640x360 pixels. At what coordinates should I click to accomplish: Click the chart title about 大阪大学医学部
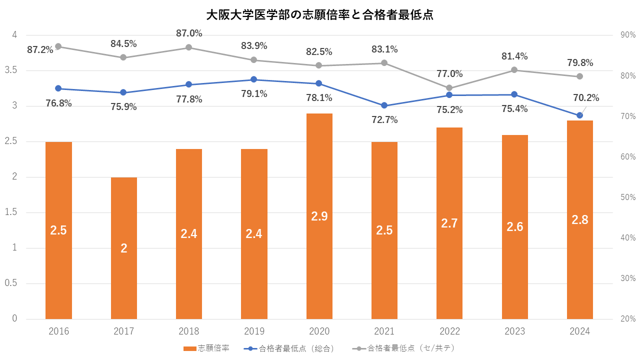pos(320,14)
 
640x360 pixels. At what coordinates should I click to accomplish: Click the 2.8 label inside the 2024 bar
pos(579,219)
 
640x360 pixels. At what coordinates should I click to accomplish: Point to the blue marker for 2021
pos(384,105)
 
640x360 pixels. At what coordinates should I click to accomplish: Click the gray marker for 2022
pos(449,88)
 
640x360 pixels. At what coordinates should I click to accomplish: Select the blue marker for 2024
pos(579,115)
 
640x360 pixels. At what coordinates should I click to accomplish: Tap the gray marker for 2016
pos(58,46)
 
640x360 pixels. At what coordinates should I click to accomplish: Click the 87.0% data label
pos(189,33)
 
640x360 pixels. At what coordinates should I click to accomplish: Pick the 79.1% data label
pos(254,93)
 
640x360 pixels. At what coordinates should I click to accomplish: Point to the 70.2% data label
pos(586,97)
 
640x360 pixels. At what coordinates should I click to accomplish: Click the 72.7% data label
pos(384,119)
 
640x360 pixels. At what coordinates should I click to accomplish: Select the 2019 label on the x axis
pos(254,331)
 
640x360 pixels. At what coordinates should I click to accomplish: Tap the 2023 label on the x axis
pos(514,331)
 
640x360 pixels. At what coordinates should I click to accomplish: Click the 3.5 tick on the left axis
pos(10,70)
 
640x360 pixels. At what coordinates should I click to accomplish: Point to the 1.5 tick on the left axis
pos(10,212)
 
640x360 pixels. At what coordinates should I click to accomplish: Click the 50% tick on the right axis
pos(627,197)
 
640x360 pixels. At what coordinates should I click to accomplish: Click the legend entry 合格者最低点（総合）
pos(288,348)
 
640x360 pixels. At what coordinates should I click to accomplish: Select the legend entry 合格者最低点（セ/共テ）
pos(404,348)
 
